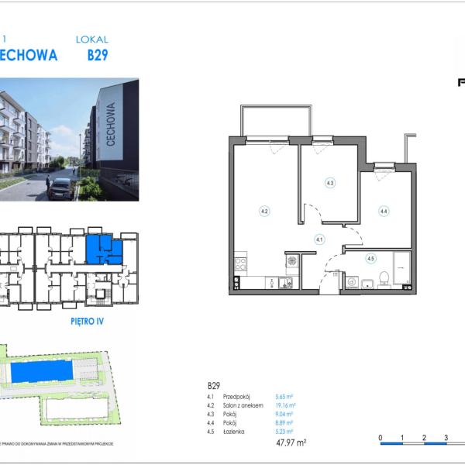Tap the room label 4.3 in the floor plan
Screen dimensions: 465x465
click(329, 183)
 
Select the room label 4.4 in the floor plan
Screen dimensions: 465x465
click(383, 210)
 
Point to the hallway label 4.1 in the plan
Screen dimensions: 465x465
click(319, 239)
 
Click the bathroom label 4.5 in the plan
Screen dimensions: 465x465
click(370, 259)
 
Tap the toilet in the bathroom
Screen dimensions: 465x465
click(382, 280)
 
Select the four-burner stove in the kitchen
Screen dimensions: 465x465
click(240, 264)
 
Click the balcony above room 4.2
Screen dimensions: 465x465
click(268, 121)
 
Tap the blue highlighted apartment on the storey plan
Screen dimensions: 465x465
click(99, 248)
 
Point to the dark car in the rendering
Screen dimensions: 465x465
click(62, 188)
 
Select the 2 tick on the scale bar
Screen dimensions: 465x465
click(424, 438)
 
